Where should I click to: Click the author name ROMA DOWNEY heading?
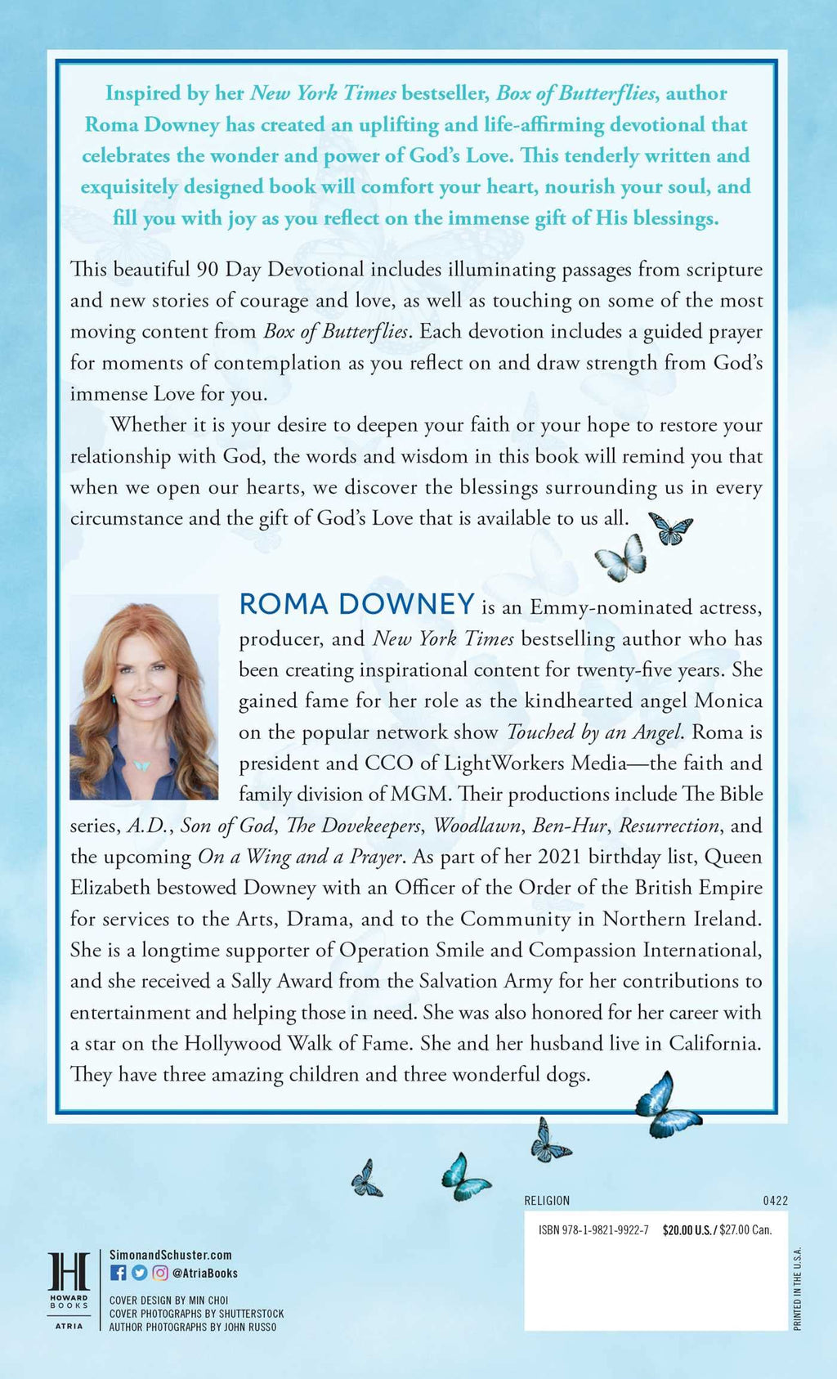356,604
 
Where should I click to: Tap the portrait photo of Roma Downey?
144,696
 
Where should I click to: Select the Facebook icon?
118,1273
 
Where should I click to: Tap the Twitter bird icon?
139,1273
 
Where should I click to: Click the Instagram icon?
160,1273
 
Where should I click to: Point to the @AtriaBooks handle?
205,1273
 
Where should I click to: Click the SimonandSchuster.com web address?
171,1255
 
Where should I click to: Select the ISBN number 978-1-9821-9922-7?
593,1229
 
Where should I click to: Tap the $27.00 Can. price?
745,1229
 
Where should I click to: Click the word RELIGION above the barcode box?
547,1201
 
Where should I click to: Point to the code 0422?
775,1201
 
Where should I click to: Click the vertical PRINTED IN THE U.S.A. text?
798,1288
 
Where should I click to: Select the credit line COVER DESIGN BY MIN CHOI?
169,1300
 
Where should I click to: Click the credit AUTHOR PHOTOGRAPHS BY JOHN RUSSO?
193,1327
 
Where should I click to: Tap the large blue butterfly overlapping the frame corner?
665,1105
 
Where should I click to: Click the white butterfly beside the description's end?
621,557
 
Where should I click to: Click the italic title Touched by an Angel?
594,732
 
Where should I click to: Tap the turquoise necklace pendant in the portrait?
141,766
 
